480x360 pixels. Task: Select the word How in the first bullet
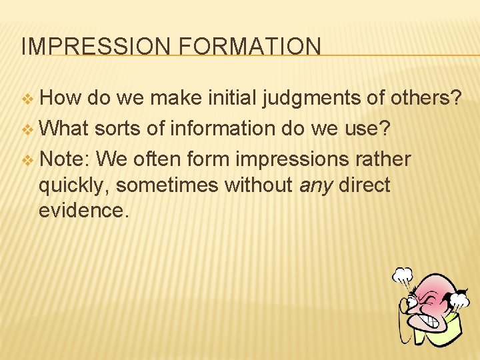tap(60, 98)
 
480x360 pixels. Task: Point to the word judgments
tap(311, 98)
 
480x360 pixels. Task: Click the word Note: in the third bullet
tap(65, 160)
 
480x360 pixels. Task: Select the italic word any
tap(315, 185)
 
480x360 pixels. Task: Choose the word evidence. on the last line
tap(81, 210)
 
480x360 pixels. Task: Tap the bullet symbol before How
tap(27, 99)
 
